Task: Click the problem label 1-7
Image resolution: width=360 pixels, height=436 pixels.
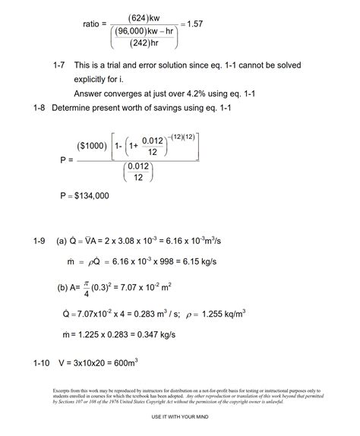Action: (62, 68)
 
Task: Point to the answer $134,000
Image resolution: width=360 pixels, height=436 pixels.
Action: (88, 196)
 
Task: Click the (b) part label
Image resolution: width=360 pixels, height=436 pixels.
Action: (65, 288)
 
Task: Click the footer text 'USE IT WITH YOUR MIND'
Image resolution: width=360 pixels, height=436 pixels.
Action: (179, 418)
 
